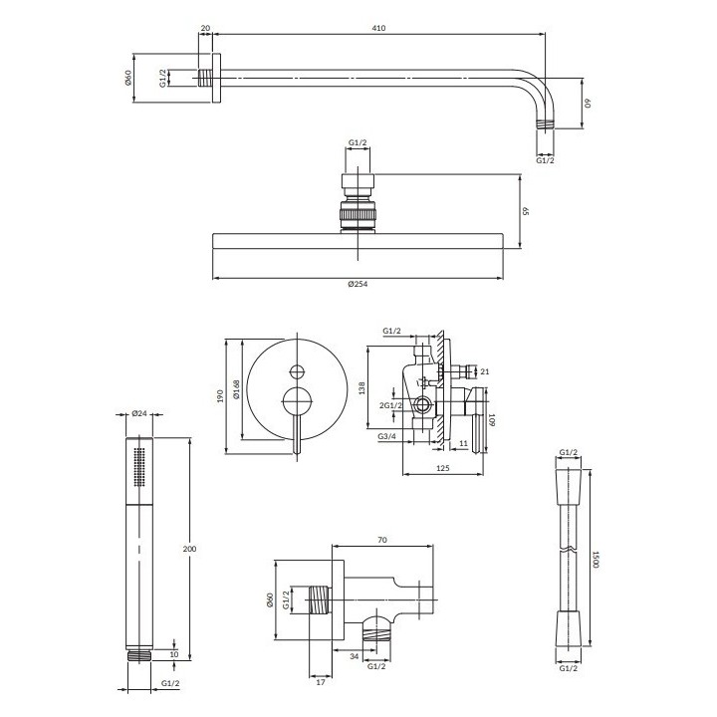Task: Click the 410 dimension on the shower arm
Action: pos(378,28)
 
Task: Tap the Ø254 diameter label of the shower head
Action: pos(358,284)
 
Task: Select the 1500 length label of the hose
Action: pos(596,559)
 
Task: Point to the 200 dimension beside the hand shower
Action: pos(189,549)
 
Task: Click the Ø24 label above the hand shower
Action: pos(139,413)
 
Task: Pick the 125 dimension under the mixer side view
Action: pos(442,468)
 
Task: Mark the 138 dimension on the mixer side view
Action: pos(362,388)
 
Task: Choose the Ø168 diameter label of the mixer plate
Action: pos(236,389)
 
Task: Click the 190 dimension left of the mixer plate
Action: pos(220,396)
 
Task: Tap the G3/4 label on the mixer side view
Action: pos(386,436)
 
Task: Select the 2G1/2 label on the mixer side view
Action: pos(391,405)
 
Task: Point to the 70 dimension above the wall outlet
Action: pos(382,540)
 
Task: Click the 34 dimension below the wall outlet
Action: pos(355,656)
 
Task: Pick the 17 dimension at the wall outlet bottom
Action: pos(321,682)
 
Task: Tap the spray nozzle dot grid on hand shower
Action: pos(139,466)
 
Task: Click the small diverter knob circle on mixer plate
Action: pos(298,371)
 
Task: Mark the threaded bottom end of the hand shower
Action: pos(139,655)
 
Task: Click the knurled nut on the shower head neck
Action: pos(358,214)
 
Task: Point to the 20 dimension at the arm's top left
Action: pos(205,28)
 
